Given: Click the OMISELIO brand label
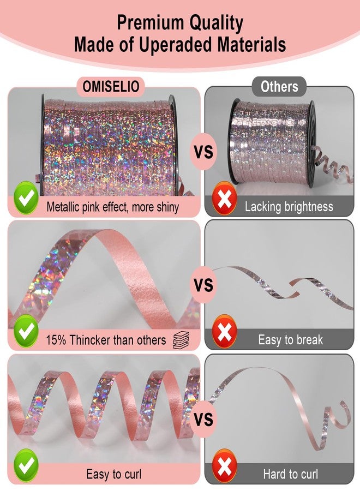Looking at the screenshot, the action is click(x=111, y=86).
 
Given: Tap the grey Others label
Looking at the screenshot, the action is click(x=279, y=86).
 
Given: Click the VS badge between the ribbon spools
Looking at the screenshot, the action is click(x=203, y=152).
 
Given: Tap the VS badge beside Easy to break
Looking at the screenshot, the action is click(x=203, y=285).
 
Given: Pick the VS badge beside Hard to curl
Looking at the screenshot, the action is click(x=203, y=419).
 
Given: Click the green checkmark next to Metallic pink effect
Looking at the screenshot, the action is click(x=26, y=197).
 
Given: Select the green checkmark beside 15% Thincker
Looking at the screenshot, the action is click(x=26, y=331).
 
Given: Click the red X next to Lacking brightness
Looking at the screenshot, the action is click(x=224, y=198).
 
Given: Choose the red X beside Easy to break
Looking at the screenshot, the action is click(x=224, y=331).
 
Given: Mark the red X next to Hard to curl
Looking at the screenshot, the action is click(x=224, y=465).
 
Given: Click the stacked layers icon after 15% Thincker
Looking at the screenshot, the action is click(x=181, y=340).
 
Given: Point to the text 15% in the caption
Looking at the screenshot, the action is click(x=56, y=340).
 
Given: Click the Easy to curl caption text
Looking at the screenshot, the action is click(x=114, y=474).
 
